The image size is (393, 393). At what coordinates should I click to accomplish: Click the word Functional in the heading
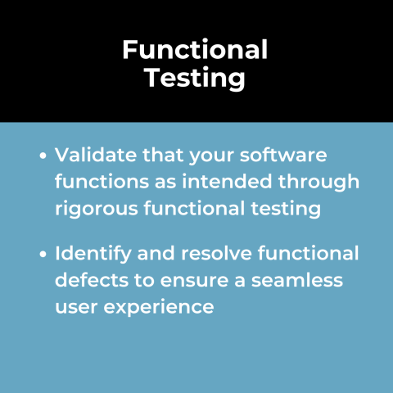pos(195,51)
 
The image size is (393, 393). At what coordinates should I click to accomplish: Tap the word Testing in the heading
pos(195,79)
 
